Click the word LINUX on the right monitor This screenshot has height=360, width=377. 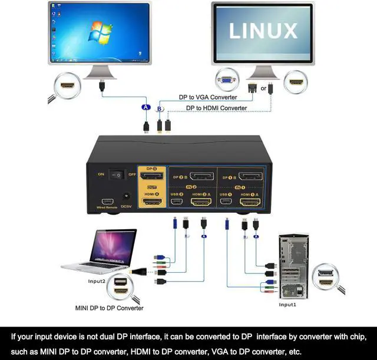(263, 31)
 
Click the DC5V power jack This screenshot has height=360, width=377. (125, 199)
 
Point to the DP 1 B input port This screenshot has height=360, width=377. (250, 177)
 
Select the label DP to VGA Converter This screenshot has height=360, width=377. (208, 97)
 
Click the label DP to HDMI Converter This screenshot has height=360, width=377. (216, 108)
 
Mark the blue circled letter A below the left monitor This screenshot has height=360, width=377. (146, 107)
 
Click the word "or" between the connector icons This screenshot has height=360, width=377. (263, 88)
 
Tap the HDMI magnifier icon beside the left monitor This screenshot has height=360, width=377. (67, 85)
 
